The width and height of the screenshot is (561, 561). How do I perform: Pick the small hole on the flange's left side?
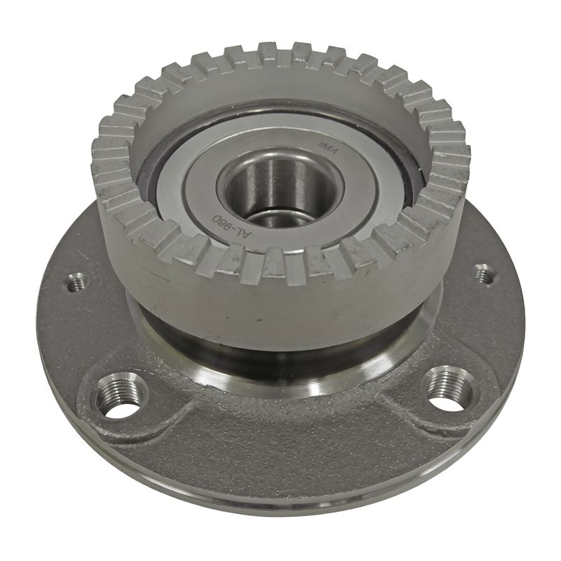pyautogui.click(x=76, y=283)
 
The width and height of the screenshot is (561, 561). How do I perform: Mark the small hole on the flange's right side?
pyautogui.click(x=483, y=274)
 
